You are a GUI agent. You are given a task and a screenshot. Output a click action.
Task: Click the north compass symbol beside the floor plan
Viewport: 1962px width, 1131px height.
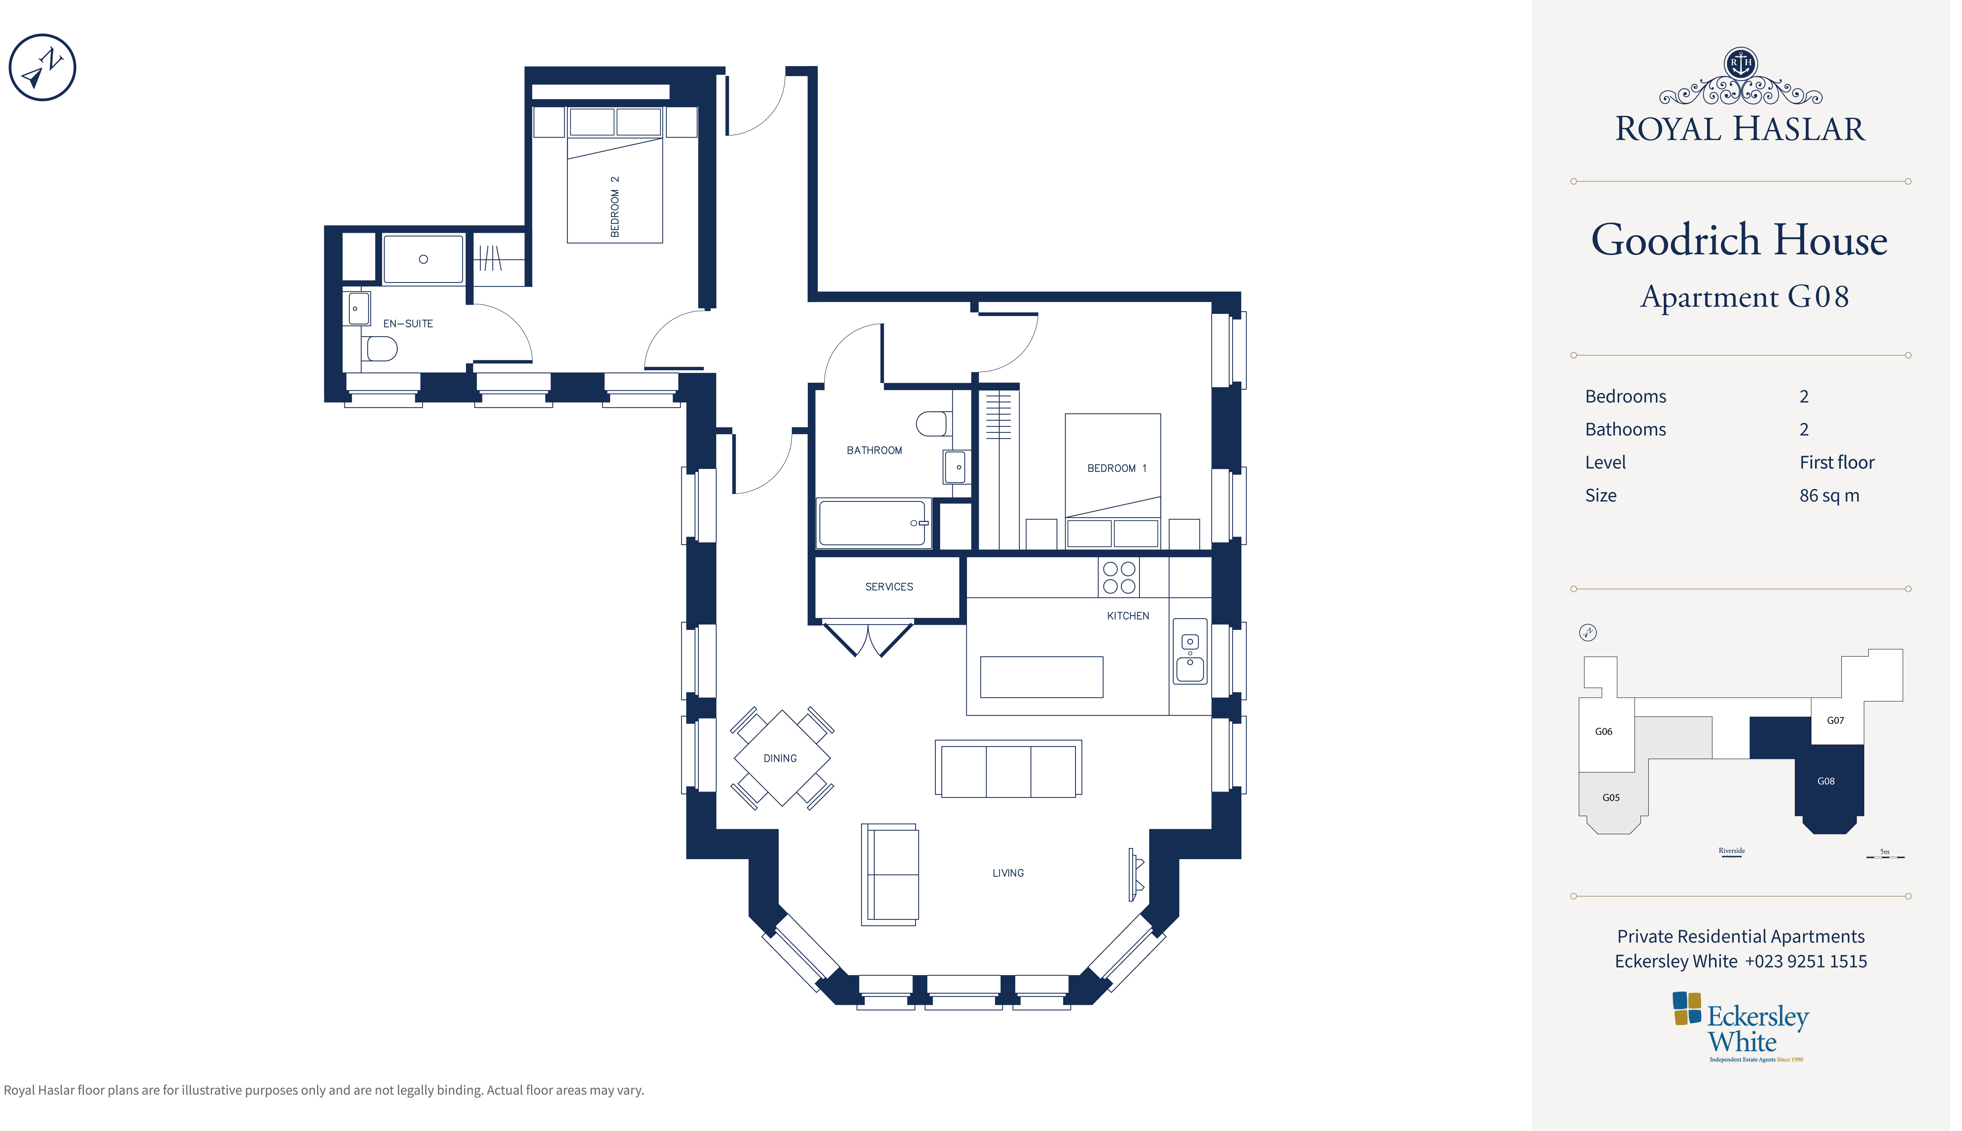pos(42,68)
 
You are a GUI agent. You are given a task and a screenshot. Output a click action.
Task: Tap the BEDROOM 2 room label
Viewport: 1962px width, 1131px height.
pos(614,207)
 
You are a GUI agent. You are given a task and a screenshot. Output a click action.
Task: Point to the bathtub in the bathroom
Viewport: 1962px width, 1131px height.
pos(873,523)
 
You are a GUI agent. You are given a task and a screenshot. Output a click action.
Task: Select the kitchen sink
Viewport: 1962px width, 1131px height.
pos(1189,651)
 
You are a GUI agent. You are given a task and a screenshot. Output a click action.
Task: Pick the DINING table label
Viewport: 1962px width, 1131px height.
pos(780,758)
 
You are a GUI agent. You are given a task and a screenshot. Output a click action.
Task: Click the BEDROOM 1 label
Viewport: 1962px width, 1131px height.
pos(1116,468)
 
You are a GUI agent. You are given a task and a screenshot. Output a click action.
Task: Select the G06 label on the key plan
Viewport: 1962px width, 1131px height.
pos(1603,732)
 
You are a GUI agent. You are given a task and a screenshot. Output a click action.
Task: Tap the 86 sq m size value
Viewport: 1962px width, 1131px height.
pos(1829,496)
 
